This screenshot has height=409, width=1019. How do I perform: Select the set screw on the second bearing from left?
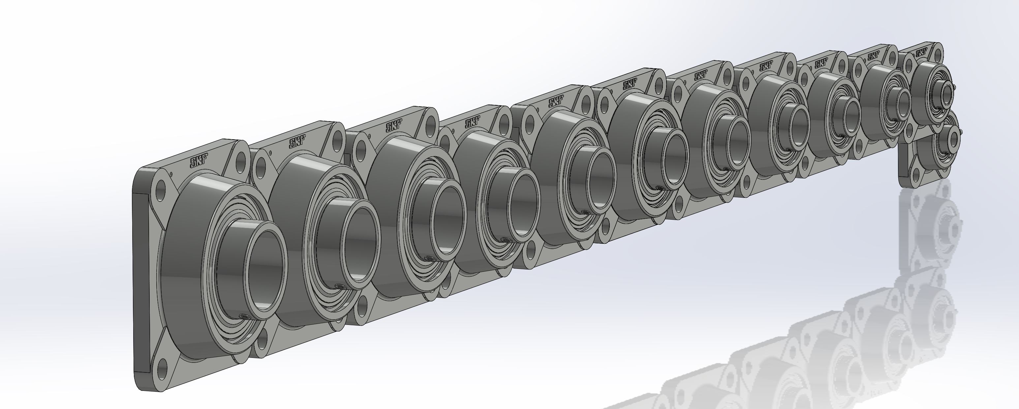(338, 286)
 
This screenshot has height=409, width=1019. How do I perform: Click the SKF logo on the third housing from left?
(392, 127)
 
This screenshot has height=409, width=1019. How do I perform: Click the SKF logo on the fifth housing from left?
(555, 103)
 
